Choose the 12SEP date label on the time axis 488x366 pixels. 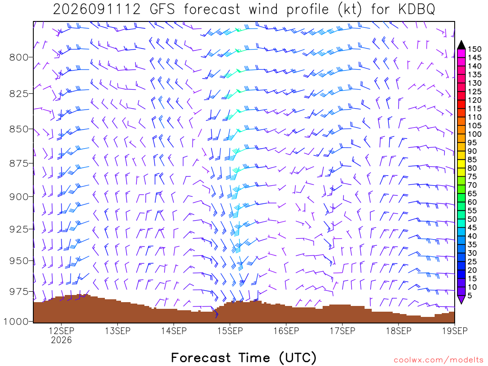(61, 331)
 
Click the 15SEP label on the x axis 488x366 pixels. (230, 331)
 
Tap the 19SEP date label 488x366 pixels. (455, 331)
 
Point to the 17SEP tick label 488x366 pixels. (342, 331)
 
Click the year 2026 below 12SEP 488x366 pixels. (61, 340)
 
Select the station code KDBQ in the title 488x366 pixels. (417, 10)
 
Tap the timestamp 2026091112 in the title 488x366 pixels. (97, 10)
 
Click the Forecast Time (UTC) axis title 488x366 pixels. (244, 357)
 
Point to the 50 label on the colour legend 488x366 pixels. (472, 219)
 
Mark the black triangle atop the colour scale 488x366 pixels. (461, 45)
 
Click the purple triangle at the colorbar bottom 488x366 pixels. (461, 299)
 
